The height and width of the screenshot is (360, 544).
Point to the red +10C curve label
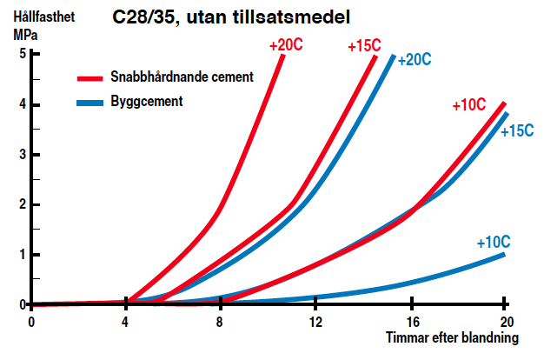pos(469,105)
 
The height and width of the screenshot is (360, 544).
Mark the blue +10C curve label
pos(493,242)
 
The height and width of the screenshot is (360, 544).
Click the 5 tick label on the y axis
pos(23,54)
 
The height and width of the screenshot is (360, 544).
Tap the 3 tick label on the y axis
pos(23,155)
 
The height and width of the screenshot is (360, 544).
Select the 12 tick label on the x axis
pos(315,322)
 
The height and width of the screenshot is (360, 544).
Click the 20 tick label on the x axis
pos(505,322)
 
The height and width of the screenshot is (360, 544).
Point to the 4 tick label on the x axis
pos(126,322)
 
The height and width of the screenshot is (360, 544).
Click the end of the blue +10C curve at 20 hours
pos(504,254)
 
